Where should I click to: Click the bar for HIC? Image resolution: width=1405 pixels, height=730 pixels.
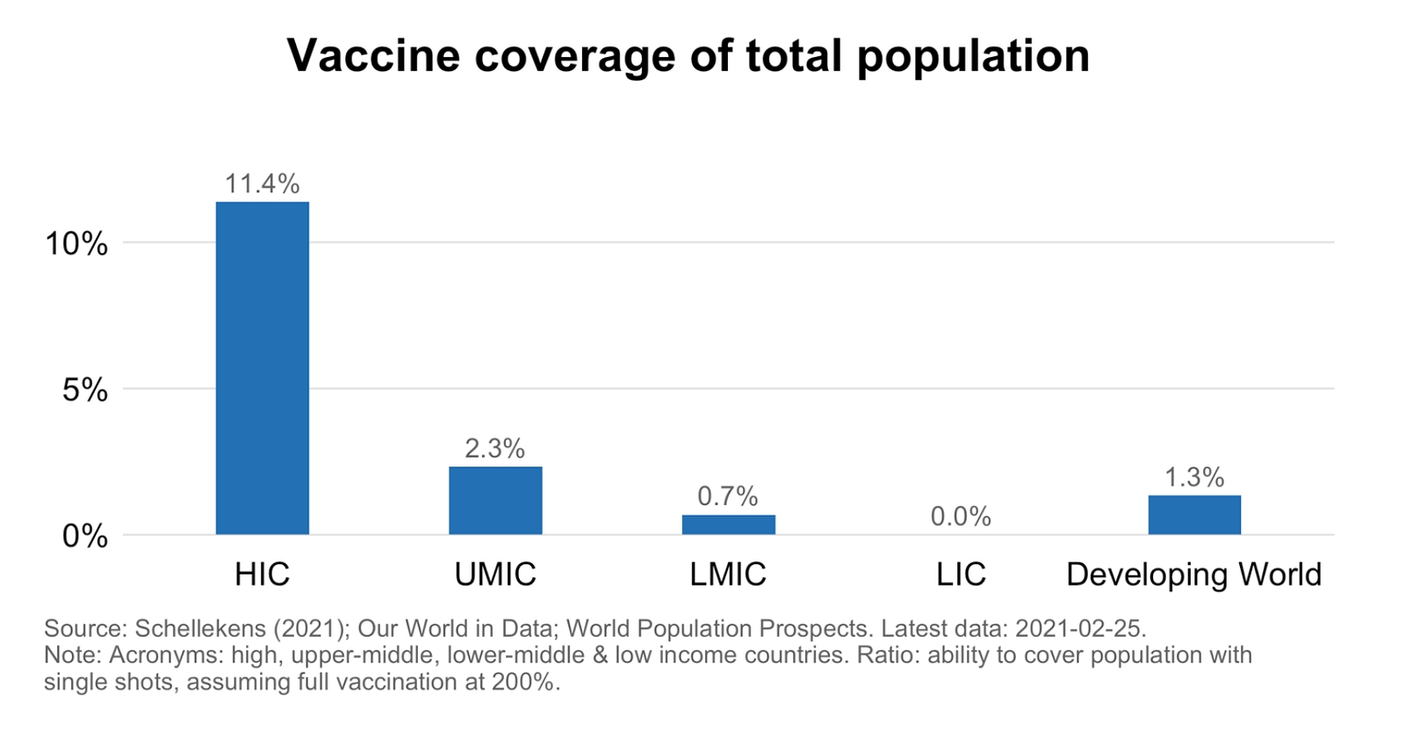pyautogui.click(x=263, y=368)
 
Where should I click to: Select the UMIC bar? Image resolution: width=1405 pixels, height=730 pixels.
pyautogui.click(x=495, y=500)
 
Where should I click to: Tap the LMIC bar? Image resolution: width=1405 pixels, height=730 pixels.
pyautogui.click(x=728, y=524)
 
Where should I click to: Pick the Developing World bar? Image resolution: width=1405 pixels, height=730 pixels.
pyautogui.click(x=1194, y=515)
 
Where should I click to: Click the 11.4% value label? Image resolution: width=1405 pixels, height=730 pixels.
pyautogui.click(x=263, y=184)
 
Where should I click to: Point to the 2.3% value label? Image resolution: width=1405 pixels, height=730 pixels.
pyautogui.click(x=495, y=449)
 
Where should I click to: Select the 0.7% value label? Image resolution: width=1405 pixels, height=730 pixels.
pyautogui.click(x=728, y=496)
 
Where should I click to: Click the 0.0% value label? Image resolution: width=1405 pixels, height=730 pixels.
pyautogui.click(x=961, y=517)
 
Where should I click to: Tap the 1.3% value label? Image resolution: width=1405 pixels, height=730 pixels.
pyautogui.click(x=1194, y=477)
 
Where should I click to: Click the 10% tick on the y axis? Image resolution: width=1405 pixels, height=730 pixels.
pyautogui.click(x=76, y=243)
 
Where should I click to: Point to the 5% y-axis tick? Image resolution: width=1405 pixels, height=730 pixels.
pyautogui.click(x=85, y=389)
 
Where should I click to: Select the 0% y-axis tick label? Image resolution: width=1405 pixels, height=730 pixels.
pyautogui.click(x=85, y=536)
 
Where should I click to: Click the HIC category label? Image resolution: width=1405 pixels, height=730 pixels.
pyautogui.click(x=263, y=575)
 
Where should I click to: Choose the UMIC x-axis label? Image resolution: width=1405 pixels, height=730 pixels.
pyautogui.click(x=495, y=575)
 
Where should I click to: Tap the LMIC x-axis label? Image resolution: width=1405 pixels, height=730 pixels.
pyautogui.click(x=728, y=575)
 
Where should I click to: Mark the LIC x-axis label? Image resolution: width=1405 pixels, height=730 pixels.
pyautogui.click(x=961, y=575)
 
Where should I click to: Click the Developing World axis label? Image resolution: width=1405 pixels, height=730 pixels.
pyautogui.click(x=1194, y=575)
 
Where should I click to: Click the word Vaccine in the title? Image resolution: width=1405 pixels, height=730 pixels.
pyautogui.click(x=373, y=55)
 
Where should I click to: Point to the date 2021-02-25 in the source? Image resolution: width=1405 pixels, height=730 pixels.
pyautogui.click(x=1079, y=629)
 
